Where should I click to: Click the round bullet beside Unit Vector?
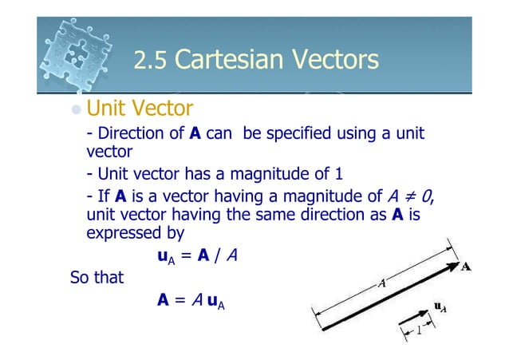pyautogui.click(x=76, y=108)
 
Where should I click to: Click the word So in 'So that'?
pyautogui.click(x=81, y=279)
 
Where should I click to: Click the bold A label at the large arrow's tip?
pyautogui.click(x=466, y=267)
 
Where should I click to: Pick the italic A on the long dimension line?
pyautogui.click(x=382, y=283)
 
